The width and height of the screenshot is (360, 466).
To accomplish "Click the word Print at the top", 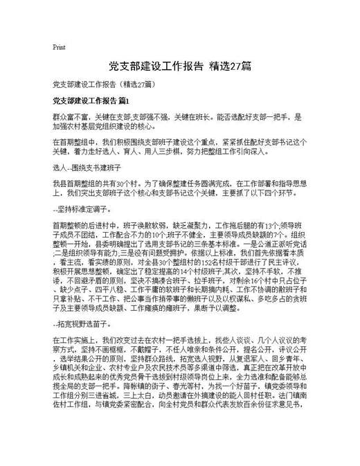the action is tap(59, 48).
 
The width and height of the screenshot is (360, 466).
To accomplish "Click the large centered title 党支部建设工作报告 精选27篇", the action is tap(180, 67).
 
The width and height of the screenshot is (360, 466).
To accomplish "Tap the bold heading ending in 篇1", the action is tap(91, 101).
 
